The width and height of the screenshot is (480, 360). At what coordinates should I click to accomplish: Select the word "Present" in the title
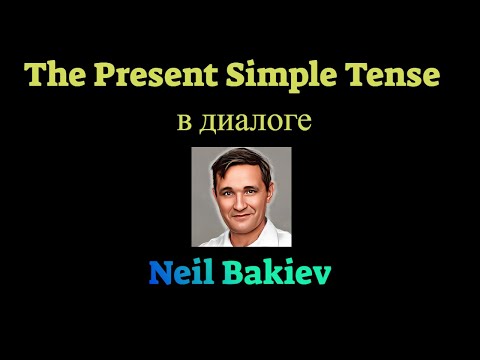[x=136, y=76]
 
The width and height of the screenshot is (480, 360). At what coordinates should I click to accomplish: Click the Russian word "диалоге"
[x=256, y=123]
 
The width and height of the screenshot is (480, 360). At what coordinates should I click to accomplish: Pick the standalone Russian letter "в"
[x=182, y=124]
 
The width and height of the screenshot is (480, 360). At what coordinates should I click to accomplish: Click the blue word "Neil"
[x=181, y=271]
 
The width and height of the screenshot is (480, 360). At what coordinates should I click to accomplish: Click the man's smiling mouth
[x=241, y=213]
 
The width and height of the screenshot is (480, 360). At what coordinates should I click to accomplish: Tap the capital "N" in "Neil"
[x=160, y=271]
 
